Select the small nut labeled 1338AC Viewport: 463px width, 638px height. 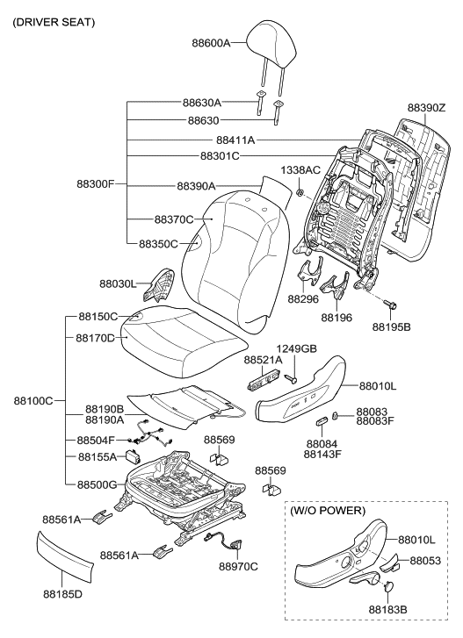[300, 192]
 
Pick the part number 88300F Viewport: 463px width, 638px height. [97, 185]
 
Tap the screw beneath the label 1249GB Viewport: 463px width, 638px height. [294, 379]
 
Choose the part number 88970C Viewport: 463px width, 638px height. [238, 591]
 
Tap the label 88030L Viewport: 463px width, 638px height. [118, 283]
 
